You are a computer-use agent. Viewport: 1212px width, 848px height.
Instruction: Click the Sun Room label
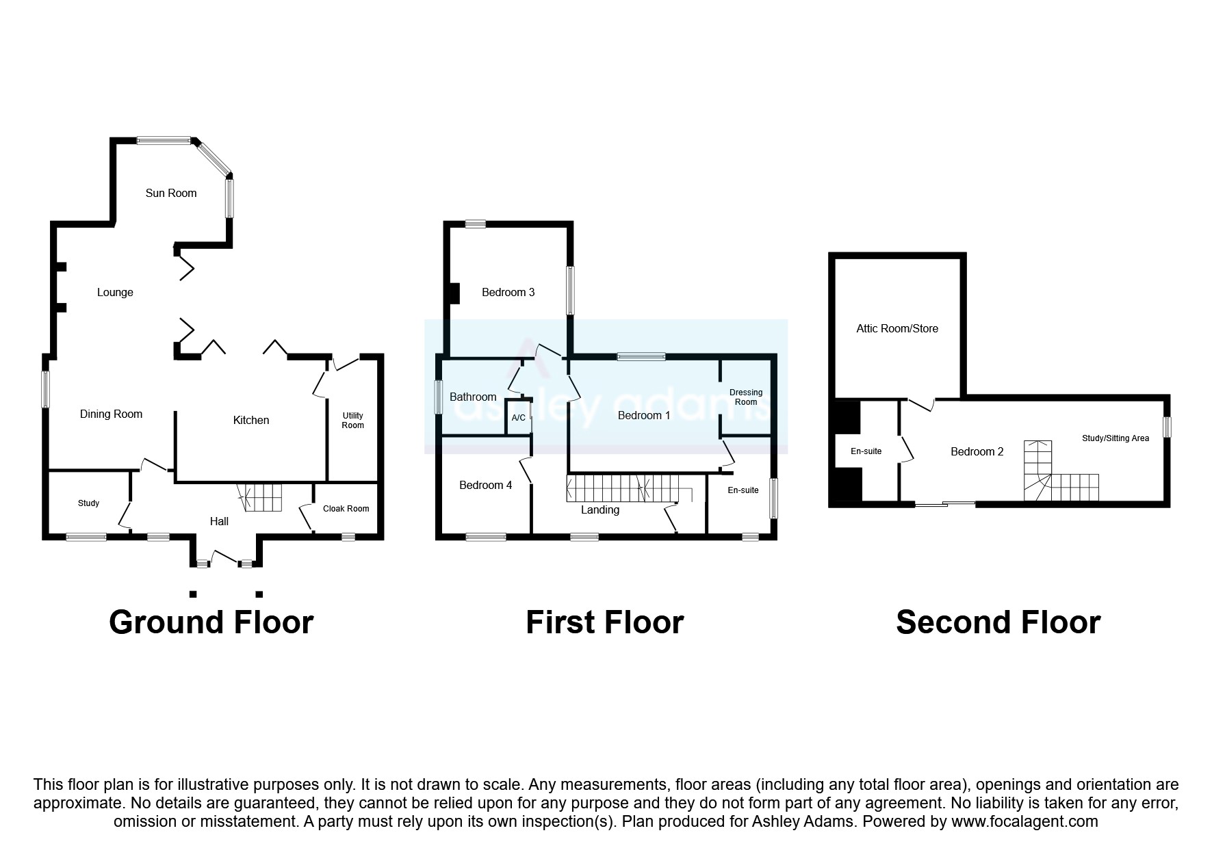[x=171, y=193]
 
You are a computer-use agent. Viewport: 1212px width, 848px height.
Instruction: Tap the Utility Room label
[x=353, y=420]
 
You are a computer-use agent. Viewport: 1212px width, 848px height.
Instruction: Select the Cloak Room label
[x=346, y=508]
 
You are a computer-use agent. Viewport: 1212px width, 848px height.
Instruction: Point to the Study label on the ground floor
[x=88, y=503]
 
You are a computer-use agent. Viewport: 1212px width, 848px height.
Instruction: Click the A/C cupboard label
[x=518, y=418]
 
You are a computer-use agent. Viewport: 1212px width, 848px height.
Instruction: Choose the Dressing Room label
[x=746, y=397]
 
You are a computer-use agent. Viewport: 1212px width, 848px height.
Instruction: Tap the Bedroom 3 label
[x=508, y=292]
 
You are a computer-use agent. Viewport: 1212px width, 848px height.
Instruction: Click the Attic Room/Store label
[x=897, y=328]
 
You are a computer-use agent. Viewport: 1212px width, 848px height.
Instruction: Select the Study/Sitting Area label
[x=1115, y=438]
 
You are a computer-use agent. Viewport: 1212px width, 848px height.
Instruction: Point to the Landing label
[x=600, y=509]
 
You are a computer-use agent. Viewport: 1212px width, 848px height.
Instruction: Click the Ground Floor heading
[x=211, y=622]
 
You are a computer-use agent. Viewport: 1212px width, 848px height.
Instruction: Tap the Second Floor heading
[x=998, y=622]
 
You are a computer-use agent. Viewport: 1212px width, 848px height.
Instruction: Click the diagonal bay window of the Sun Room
[x=214, y=158]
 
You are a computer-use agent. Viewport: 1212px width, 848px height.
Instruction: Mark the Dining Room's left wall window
[x=46, y=389]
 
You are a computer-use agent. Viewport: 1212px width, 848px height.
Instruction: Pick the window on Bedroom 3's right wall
[x=569, y=291]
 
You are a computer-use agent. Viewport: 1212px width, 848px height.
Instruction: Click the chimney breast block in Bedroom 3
[x=453, y=293]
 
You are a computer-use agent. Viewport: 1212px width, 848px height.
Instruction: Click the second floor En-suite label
[x=866, y=451]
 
